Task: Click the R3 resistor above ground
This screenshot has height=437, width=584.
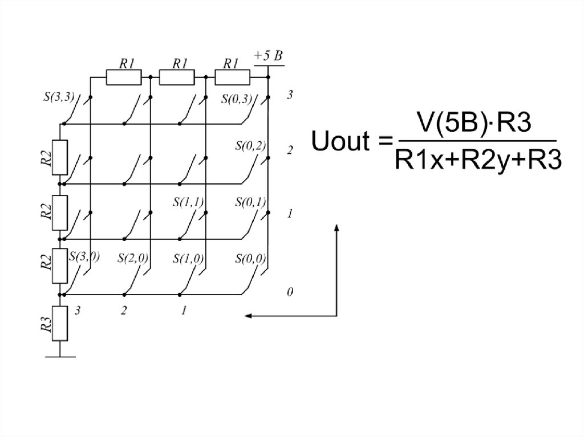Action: [60, 324]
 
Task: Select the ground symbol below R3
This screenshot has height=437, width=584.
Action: [60, 357]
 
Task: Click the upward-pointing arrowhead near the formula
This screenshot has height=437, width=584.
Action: [336, 228]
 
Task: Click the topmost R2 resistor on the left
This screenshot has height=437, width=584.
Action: [60, 157]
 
